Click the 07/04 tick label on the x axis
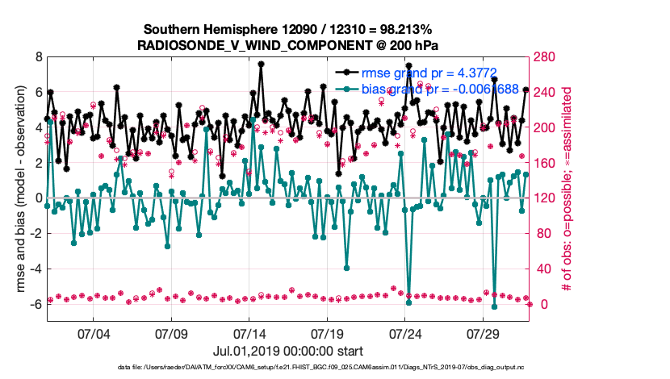[93, 333]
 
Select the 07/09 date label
[171, 333]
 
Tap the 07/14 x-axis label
[249, 333]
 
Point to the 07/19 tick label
[327, 333]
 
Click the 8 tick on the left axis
[38, 57]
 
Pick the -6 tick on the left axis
[36, 305]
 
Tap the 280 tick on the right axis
[550, 57]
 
